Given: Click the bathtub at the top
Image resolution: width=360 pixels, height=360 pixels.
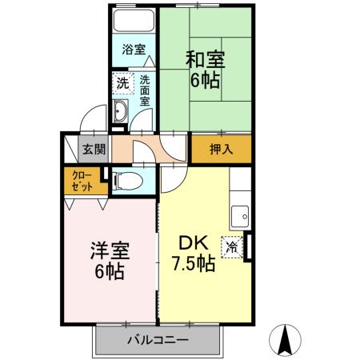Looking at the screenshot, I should pos(133,22).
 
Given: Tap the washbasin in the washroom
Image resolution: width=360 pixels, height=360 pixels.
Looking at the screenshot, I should pos(121,110).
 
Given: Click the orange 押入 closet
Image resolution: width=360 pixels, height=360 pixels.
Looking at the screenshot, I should pos(221,149).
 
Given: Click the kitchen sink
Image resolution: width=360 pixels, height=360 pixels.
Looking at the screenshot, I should pos(241,214).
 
